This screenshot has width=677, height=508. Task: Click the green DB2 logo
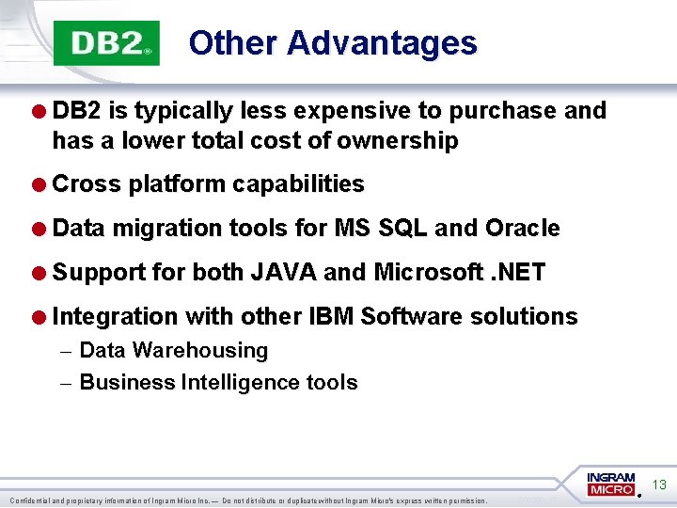[x=106, y=43]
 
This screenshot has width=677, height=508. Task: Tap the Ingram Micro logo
[x=611, y=484]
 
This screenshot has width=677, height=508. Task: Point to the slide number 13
[x=659, y=485]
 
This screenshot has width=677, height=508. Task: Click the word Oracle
[x=522, y=229]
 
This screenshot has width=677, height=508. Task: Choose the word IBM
[x=331, y=317]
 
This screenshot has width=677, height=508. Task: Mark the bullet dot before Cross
[x=41, y=185]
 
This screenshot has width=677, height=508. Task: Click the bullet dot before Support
[x=41, y=274]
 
